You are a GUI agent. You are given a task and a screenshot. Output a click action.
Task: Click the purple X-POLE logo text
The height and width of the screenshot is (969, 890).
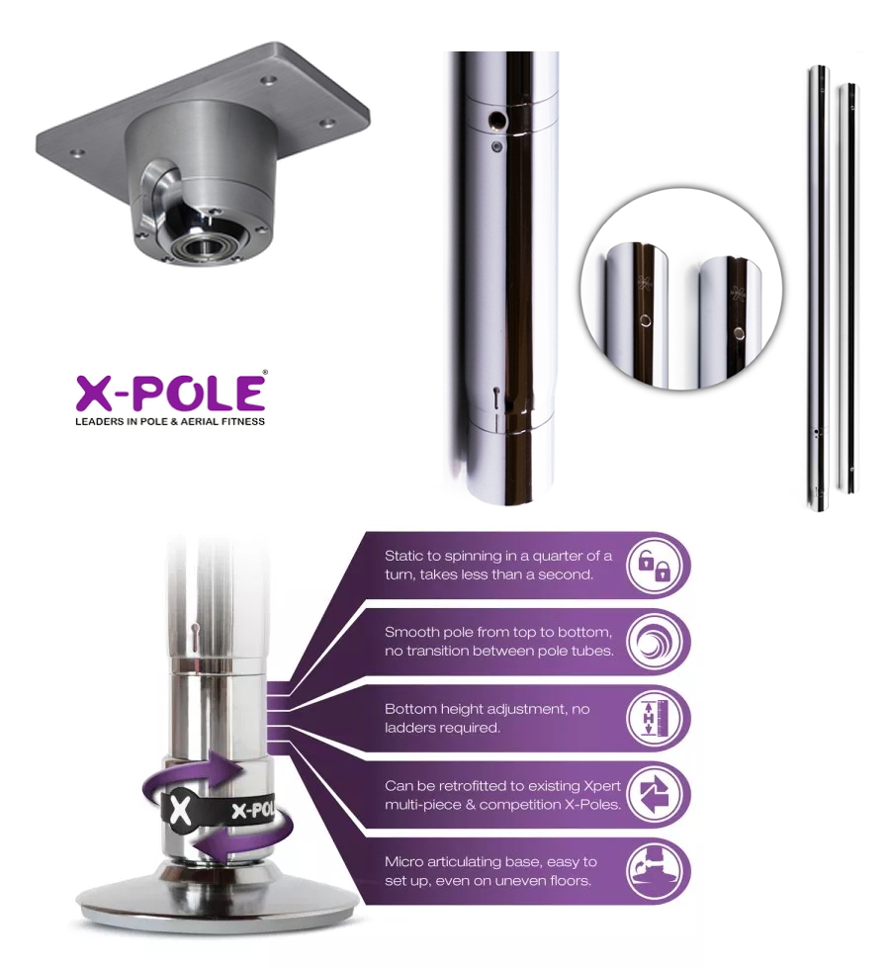click(x=170, y=393)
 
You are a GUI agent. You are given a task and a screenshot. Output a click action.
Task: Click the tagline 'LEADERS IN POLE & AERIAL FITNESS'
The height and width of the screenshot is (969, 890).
click(x=170, y=421)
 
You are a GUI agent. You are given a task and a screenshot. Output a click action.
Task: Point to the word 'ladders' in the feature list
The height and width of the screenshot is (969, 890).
click(x=415, y=728)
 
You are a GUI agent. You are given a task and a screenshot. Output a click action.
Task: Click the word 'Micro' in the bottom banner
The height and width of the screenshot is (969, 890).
click(x=404, y=862)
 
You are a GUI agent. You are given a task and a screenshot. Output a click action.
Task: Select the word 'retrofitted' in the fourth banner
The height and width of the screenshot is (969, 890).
click(x=447, y=786)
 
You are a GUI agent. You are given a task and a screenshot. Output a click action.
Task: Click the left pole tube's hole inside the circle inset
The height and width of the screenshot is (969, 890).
click(x=645, y=319)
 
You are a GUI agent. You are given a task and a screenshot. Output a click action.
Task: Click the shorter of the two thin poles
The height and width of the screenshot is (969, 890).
click(x=847, y=287)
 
